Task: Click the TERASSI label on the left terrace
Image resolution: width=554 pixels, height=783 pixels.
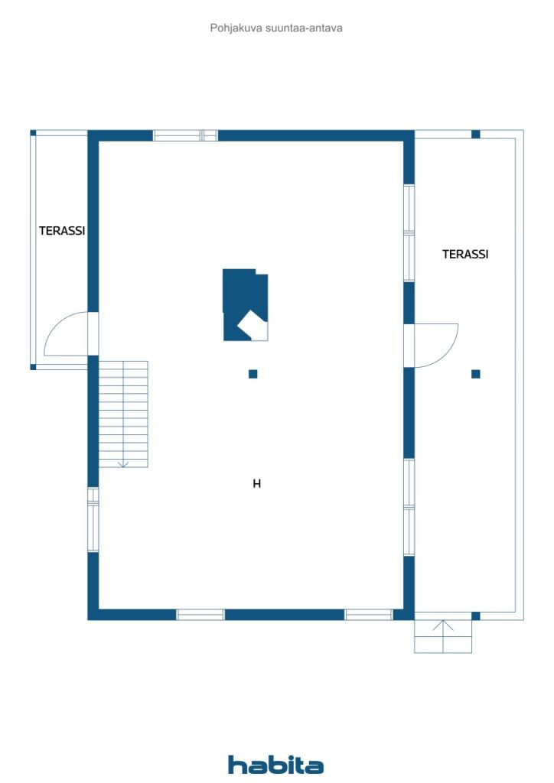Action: click(62, 231)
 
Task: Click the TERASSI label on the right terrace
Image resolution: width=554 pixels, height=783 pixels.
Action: click(465, 254)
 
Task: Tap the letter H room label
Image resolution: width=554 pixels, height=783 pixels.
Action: click(257, 483)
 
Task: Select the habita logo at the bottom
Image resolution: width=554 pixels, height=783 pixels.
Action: click(275, 765)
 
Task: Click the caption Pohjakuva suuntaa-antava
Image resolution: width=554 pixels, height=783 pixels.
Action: click(276, 28)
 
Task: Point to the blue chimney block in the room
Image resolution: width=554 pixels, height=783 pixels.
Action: click(245, 304)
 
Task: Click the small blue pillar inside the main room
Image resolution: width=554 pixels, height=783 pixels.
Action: click(253, 374)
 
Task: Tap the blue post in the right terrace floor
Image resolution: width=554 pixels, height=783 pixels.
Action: click(476, 374)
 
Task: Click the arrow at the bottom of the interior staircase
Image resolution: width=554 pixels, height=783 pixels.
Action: click(123, 464)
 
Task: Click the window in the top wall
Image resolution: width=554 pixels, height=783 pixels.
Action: click(185, 135)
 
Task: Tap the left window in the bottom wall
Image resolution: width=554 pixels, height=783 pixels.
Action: click(200, 615)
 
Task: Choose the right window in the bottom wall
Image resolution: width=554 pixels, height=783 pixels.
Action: click(369, 615)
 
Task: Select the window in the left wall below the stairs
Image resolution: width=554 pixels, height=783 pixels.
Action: click(93, 519)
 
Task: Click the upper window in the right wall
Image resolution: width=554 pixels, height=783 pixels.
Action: click(409, 233)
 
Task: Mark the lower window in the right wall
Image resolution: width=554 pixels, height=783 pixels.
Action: click(409, 507)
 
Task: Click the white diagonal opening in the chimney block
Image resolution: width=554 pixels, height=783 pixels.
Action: click(253, 325)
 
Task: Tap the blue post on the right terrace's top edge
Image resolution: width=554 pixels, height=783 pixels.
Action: click(476, 135)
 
